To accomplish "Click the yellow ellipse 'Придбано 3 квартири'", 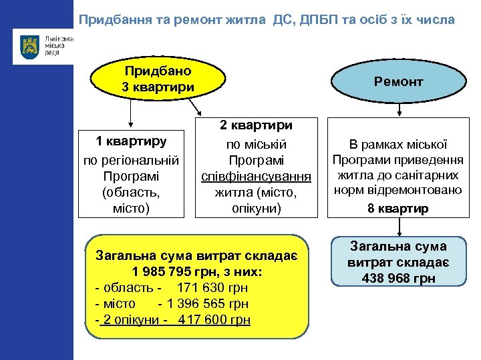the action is pyautogui.click(x=158, y=79).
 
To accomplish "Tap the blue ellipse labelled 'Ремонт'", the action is pyautogui.click(x=399, y=82).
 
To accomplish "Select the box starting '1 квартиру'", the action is pyautogui.click(x=131, y=172).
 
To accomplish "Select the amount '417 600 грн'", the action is pyautogui.click(x=214, y=320).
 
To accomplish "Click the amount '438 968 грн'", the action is pyautogui.click(x=398, y=278).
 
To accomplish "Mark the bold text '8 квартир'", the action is pyautogui.click(x=398, y=209).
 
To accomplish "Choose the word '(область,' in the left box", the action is pyautogui.click(x=131, y=193).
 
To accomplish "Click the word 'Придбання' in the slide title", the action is pyautogui.click(x=111, y=20).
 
